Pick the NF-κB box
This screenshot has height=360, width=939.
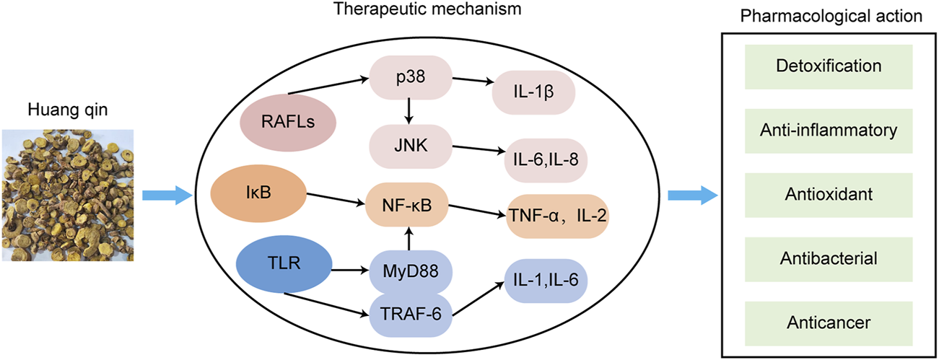(x=409, y=206)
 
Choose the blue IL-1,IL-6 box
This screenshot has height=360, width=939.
(x=547, y=278)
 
